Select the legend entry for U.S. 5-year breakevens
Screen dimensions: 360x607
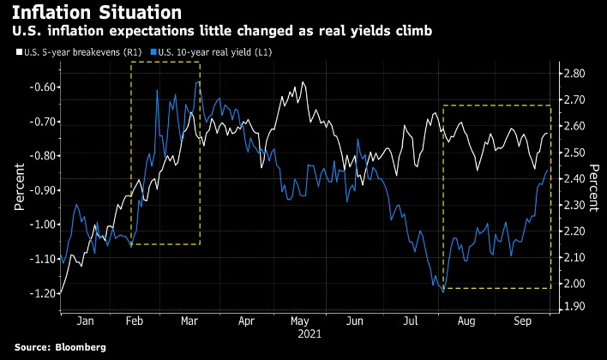(72, 53)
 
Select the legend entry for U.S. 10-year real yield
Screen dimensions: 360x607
(201, 53)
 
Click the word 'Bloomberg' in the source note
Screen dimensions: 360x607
(77, 347)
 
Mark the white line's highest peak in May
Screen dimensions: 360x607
(303, 82)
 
